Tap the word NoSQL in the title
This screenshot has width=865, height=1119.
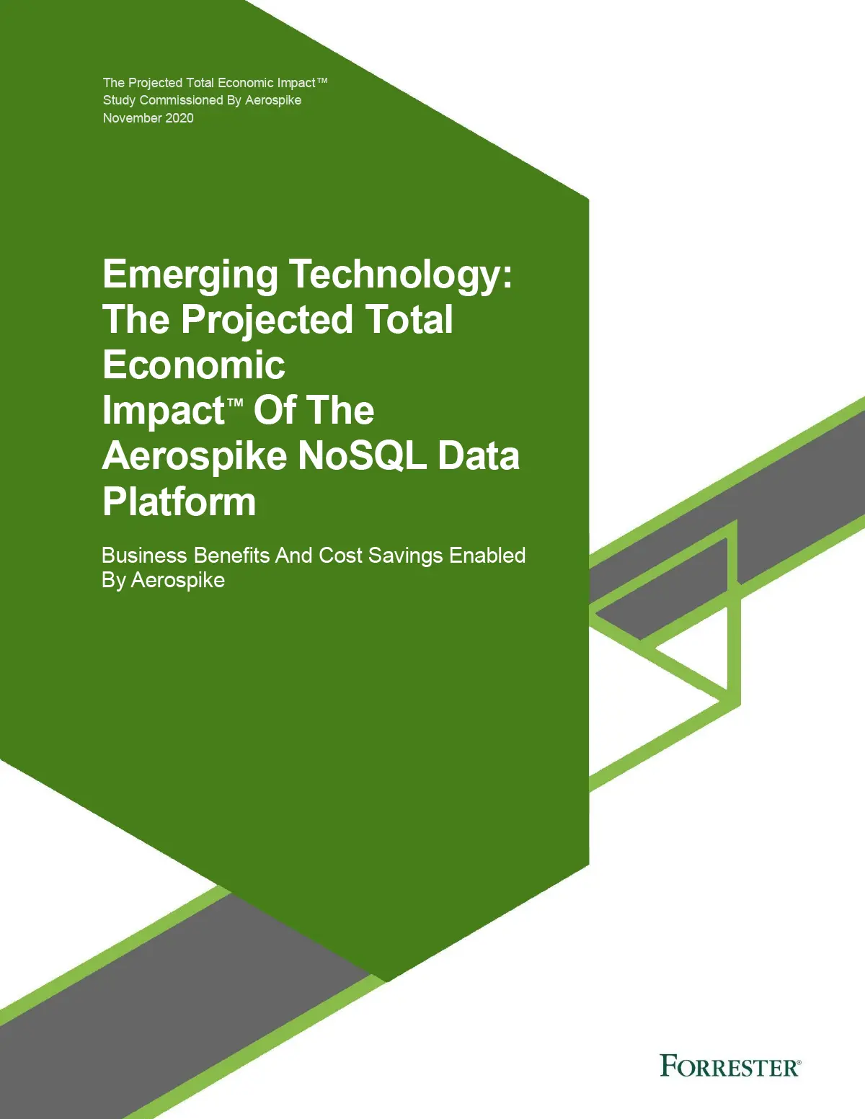click(362, 455)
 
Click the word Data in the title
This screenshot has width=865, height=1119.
click(479, 455)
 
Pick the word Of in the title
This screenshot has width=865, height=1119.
click(275, 411)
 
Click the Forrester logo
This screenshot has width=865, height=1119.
click(730, 1066)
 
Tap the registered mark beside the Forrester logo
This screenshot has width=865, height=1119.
click(799, 1062)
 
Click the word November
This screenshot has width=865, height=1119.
click(133, 118)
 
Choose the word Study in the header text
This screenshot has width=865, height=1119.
click(119, 100)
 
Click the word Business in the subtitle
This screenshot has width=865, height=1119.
click(144, 556)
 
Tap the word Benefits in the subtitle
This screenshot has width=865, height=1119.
click(231, 556)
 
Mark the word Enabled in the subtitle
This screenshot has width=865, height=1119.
click(487, 556)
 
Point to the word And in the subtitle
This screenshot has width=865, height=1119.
click(294, 556)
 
